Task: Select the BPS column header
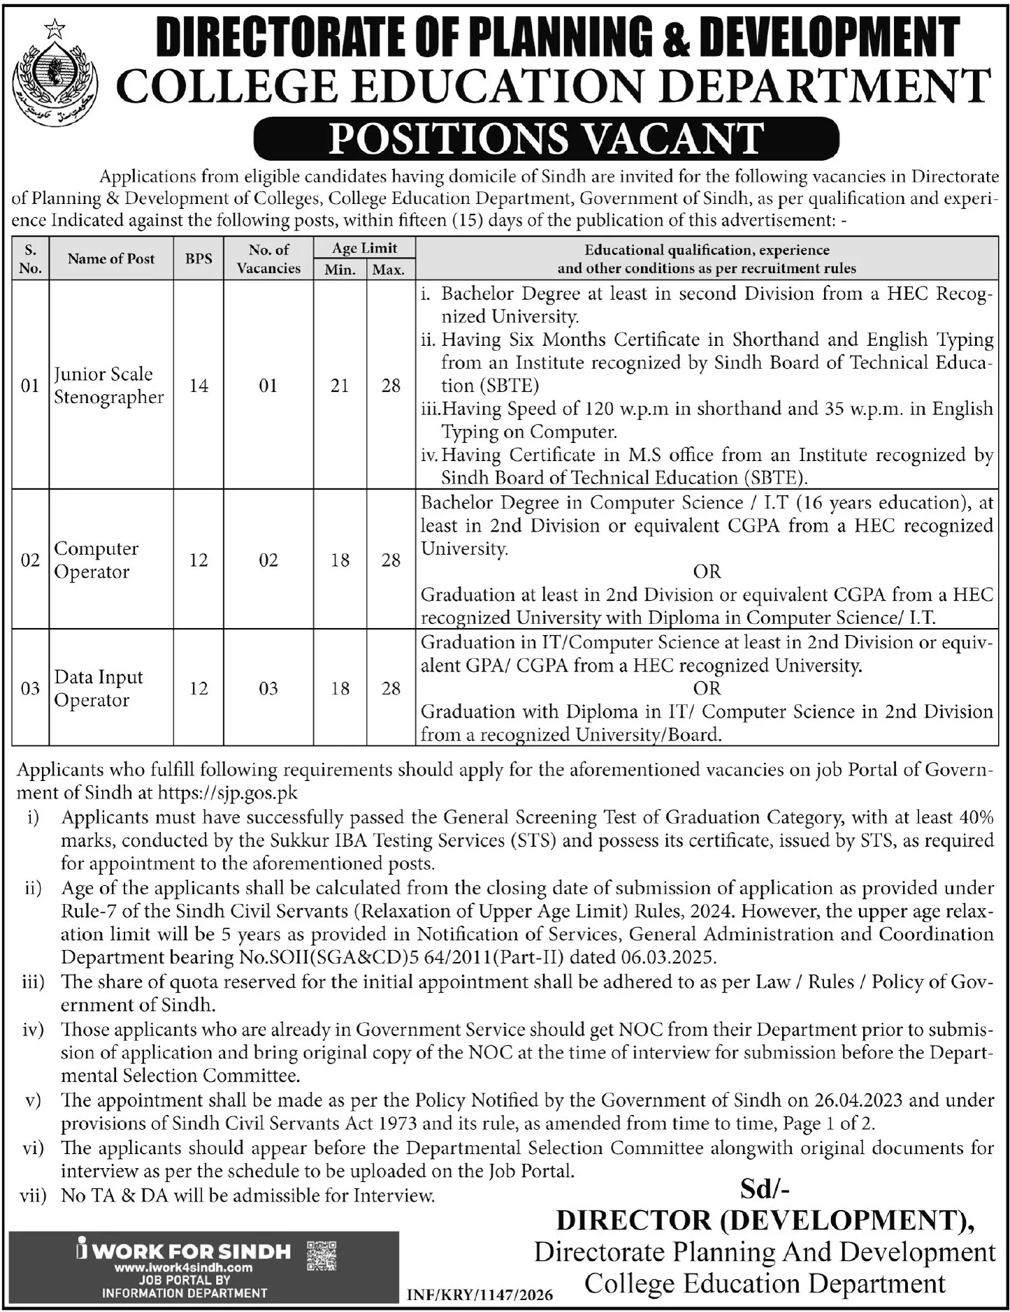coord(199,258)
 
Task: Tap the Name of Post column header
coord(111,258)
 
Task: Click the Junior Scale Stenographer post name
coord(108,385)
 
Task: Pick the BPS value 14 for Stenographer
coord(199,385)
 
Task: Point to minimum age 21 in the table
coord(340,385)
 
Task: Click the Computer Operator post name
coord(96,560)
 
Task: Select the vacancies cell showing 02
coord(268,560)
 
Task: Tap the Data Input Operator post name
coord(98,688)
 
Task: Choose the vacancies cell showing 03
coord(268,688)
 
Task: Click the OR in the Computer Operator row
coord(707,571)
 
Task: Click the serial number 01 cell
coord(30,385)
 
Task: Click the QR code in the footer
coord(322,1255)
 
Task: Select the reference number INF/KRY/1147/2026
coord(479,1295)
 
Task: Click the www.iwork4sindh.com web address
coord(184,1267)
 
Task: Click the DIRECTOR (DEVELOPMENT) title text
coord(765,1220)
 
